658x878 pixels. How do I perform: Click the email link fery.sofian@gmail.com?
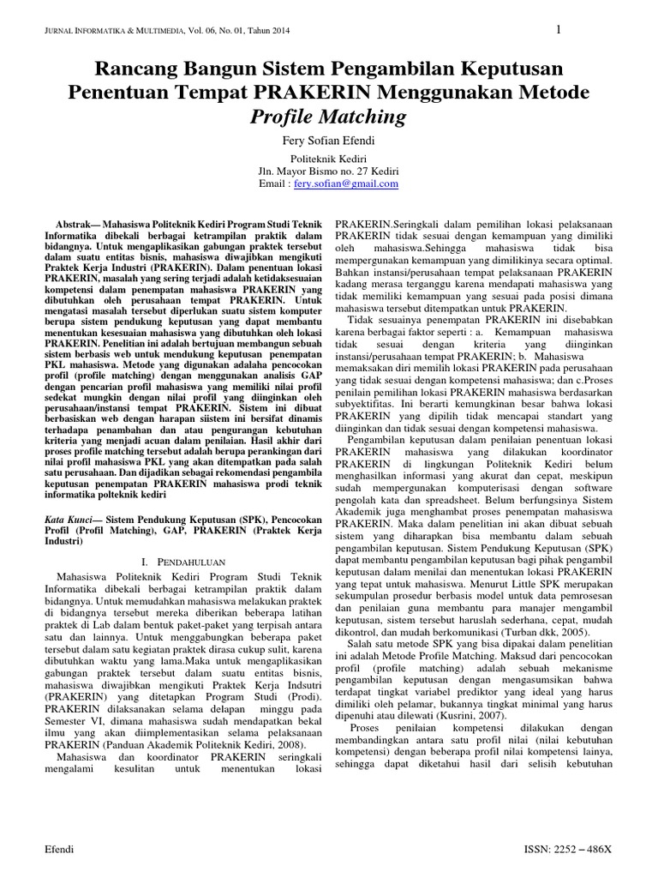coord(346,183)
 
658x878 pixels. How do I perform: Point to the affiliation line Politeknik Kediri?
coord(330,160)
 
